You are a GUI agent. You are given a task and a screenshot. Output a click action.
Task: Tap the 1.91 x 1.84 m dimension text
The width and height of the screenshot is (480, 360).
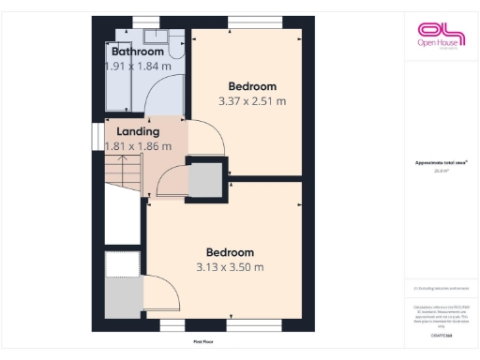138,67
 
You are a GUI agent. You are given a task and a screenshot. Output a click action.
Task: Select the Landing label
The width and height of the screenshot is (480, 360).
138,131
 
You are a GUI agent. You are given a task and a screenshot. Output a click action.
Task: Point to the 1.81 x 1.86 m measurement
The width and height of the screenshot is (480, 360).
138,146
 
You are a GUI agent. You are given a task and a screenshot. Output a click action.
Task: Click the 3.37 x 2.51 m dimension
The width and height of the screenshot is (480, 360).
251,101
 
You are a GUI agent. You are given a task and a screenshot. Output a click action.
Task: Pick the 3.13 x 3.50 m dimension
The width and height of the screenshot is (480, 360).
230,267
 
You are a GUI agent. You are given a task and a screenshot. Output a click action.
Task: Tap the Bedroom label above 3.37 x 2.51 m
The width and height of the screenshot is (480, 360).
251,86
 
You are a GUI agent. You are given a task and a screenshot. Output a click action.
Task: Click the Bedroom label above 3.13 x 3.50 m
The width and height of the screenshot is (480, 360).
230,252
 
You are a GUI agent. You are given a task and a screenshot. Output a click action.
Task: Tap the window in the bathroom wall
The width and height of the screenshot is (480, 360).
144,21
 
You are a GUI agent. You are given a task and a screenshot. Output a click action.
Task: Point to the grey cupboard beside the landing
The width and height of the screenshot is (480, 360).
206,178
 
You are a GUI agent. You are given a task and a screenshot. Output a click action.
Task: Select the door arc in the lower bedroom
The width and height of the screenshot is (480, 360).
165,295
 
